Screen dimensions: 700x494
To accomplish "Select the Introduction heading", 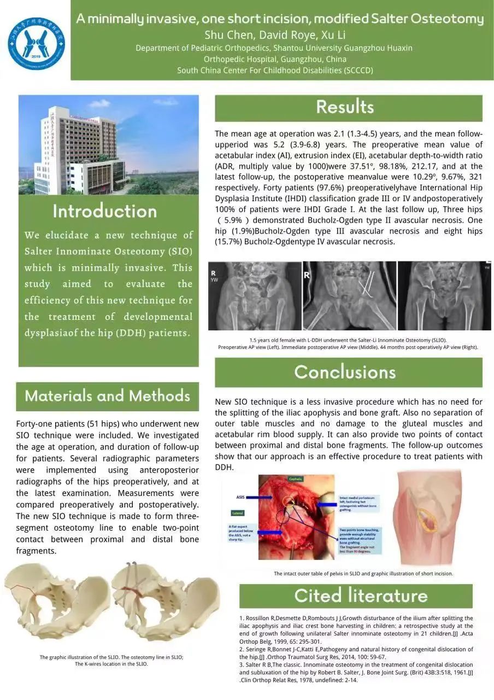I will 105,211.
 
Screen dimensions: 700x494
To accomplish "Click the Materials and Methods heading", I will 107,396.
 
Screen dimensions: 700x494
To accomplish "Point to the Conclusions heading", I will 345,372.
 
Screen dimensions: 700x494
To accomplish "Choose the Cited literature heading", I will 360,596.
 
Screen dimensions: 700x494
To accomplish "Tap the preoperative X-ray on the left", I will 255,295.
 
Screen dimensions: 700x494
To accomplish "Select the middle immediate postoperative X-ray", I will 349,295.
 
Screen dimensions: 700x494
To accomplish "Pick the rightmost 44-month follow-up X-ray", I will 444,295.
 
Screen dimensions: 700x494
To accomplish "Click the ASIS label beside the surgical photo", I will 240,497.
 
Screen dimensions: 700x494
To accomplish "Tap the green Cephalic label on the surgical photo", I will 296,479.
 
